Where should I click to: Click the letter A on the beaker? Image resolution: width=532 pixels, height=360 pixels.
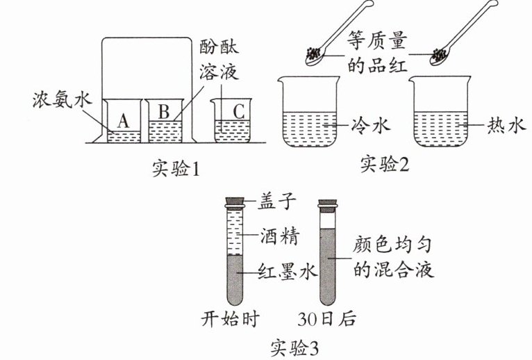(123, 120)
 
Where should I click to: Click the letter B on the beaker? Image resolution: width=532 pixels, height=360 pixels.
(164, 111)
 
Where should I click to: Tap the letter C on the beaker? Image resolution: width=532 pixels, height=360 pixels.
(238, 111)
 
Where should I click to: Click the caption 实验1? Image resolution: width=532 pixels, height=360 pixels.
(176, 168)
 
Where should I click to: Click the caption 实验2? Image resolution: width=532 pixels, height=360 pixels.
(388, 165)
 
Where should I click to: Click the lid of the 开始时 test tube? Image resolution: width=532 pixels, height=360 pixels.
(235, 203)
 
